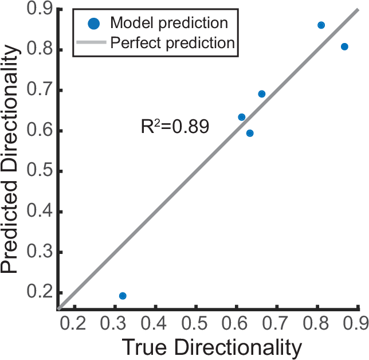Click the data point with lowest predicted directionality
coord(123,296)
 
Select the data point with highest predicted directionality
coord(321,25)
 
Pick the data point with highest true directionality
coord(344,46)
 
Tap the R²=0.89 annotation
coord(175,127)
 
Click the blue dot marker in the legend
coord(94,24)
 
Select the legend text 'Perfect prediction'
coord(172,42)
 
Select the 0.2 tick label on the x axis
coord(74,323)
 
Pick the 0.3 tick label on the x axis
coord(115,323)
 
